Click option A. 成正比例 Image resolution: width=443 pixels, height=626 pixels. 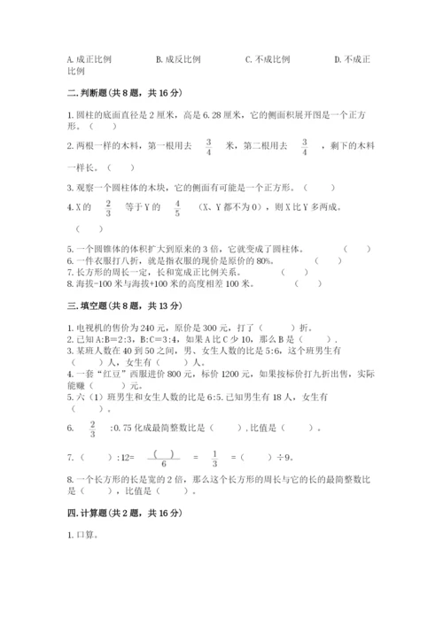pyautogui.click(x=89, y=59)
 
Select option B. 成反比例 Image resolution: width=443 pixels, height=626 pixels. pyautogui.click(x=178, y=59)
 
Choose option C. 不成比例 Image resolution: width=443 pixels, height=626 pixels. pyautogui.click(x=268, y=59)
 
